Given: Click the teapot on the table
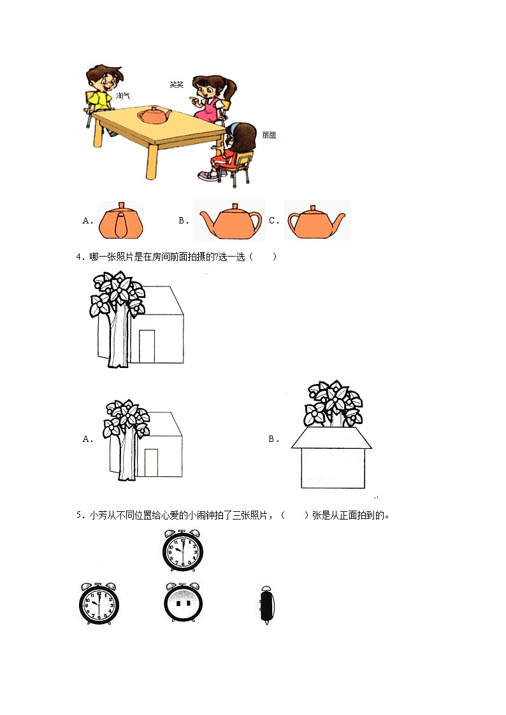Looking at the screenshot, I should [x=154, y=116].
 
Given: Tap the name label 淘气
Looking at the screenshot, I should [x=123, y=96].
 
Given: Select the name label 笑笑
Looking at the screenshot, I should [x=176, y=84].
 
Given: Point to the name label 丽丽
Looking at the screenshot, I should [x=269, y=135].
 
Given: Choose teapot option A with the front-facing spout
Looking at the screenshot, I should [x=121, y=220].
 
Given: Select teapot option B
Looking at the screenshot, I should [x=230, y=221].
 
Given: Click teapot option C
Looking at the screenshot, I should [x=317, y=220].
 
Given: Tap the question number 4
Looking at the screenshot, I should [x=79, y=257].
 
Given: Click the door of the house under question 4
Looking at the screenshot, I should [x=147, y=346].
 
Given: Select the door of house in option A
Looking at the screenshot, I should [x=151, y=462].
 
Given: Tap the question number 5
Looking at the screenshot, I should [x=79, y=516].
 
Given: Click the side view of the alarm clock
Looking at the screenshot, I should [x=268, y=605].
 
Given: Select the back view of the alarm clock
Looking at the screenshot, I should [x=183, y=602].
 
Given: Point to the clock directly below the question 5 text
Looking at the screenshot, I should [x=182, y=550].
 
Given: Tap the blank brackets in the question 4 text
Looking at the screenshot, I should [x=263, y=257].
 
